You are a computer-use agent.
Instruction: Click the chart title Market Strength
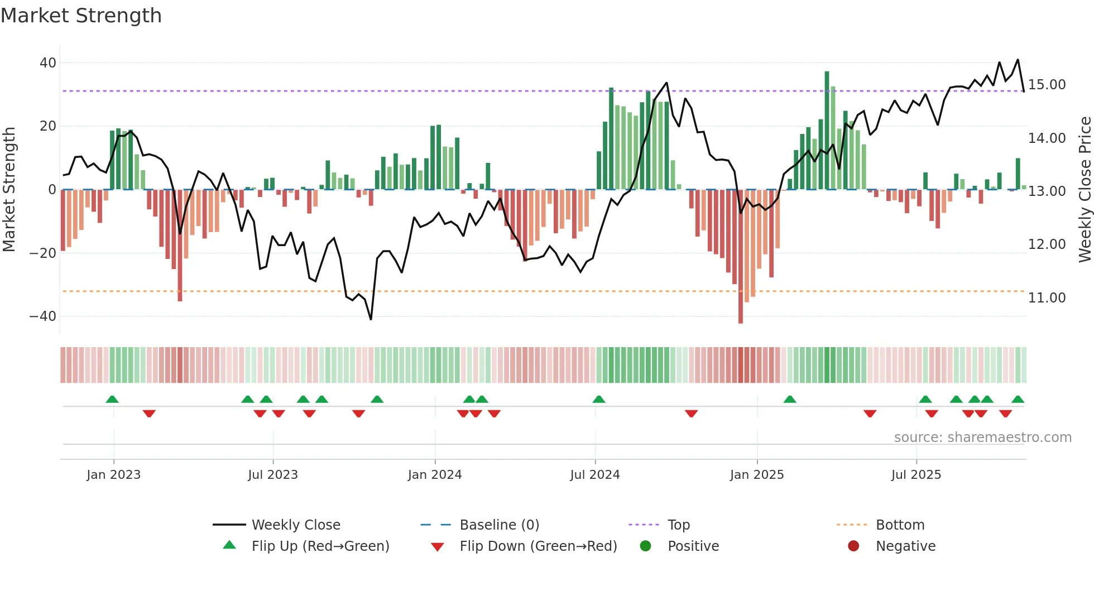pos(81,16)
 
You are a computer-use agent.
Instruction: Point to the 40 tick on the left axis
pos(48,63)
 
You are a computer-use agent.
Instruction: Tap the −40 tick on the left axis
pos(43,316)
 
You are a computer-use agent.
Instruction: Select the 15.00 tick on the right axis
pos(1047,85)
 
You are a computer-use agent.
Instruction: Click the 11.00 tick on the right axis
pos(1047,298)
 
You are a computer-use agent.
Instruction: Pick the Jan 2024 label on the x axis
pos(435,475)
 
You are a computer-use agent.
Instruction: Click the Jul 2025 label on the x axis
pos(916,475)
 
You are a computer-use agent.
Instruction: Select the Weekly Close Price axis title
pos(1085,190)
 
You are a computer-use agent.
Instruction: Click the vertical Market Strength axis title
pos(9,190)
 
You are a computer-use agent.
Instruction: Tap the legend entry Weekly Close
pos(296,525)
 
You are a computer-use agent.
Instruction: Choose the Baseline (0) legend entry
pos(499,525)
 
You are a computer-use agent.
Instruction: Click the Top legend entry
pos(679,525)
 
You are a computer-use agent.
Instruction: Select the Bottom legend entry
pos(900,525)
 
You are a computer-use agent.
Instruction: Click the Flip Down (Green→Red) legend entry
pos(538,546)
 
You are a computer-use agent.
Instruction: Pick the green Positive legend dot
pos(646,546)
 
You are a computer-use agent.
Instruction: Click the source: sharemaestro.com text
pos(982,438)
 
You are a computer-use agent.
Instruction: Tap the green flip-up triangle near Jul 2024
pos(599,400)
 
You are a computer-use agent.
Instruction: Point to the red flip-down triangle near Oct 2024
pos(692,414)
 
